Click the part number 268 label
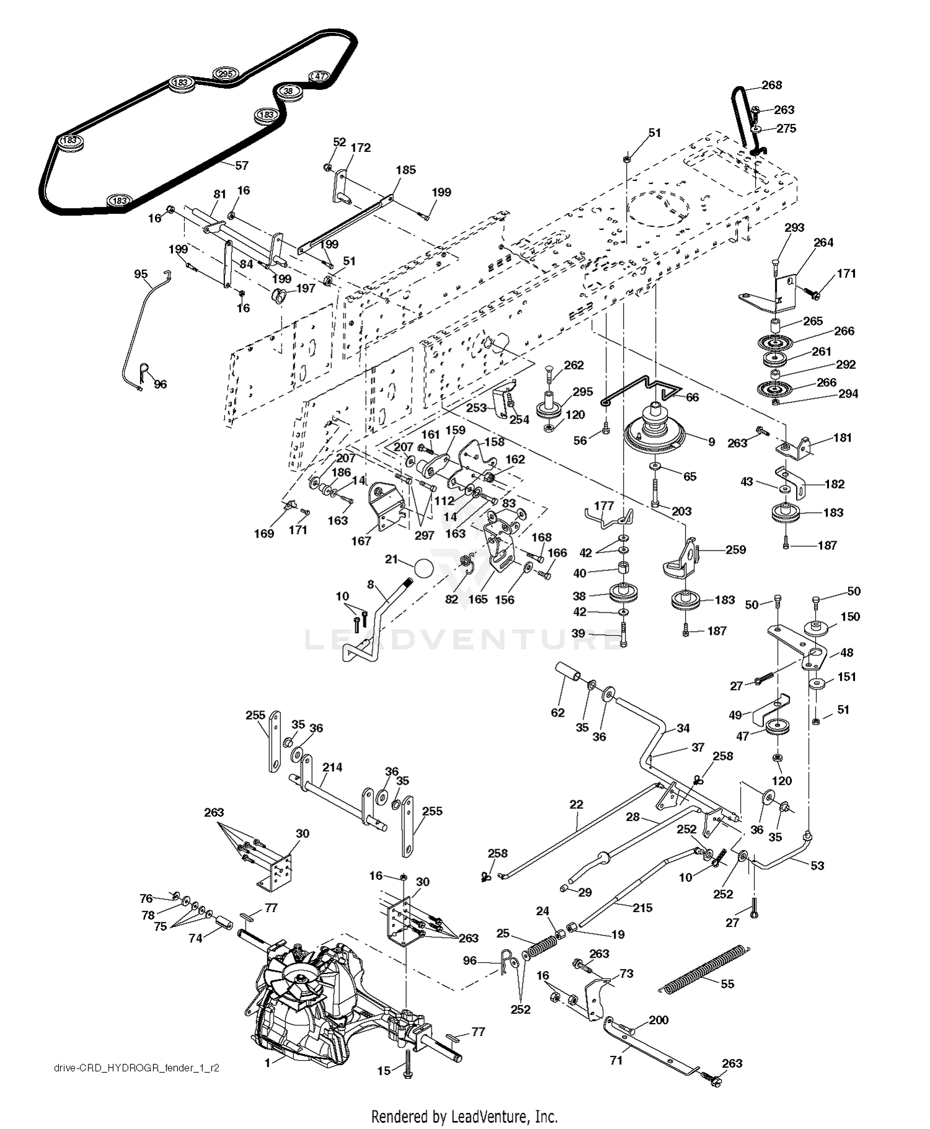pyautogui.click(x=771, y=85)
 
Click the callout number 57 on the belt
pyautogui.click(x=242, y=166)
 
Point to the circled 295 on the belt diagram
pyautogui.click(x=224, y=74)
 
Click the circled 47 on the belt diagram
pyautogui.click(x=320, y=76)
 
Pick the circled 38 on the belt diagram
pyautogui.click(x=288, y=91)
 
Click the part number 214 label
pyautogui.click(x=332, y=767)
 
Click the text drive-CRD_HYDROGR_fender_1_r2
pyautogui.click(x=136, y=1068)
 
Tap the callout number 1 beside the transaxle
pyautogui.click(x=267, y=1063)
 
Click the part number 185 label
pyautogui.click(x=406, y=170)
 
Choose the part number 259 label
pyautogui.click(x=735, y=549)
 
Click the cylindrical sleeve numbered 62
pyautogui.click(x=569, y=671)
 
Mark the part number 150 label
pyautogui.click(x=850, y=616)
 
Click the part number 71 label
pyautogui.click(x=616, y=1060)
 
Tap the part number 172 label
pyautogui.click(x=360, y=148)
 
